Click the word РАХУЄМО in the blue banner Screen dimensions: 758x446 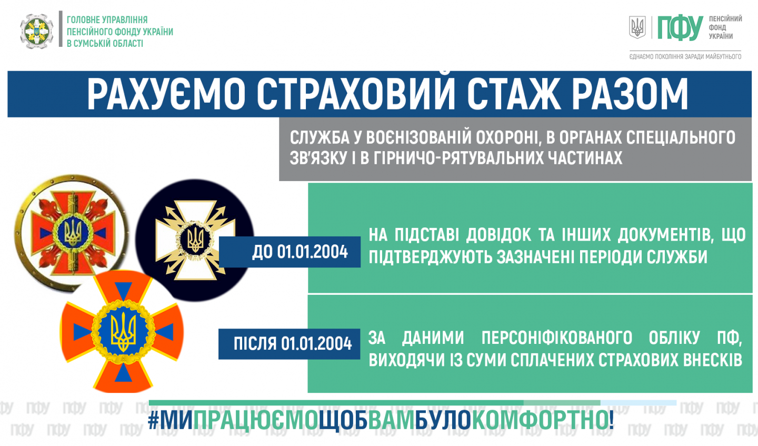pos(166,94)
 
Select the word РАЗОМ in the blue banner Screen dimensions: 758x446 pos(630,94)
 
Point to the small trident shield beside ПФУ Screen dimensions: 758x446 pos(637,27)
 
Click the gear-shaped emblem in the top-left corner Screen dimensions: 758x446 pos(36,31)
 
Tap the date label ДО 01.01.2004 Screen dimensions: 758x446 pos(300,252)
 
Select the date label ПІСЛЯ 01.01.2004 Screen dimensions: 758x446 pos(293,343)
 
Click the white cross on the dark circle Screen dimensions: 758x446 pos(195,240)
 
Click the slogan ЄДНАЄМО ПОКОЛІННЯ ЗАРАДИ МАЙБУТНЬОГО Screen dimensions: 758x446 pos(685,56)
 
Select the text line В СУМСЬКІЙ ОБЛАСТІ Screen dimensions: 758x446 pos(105,44)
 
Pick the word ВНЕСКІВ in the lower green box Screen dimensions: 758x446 pos(713,360)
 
